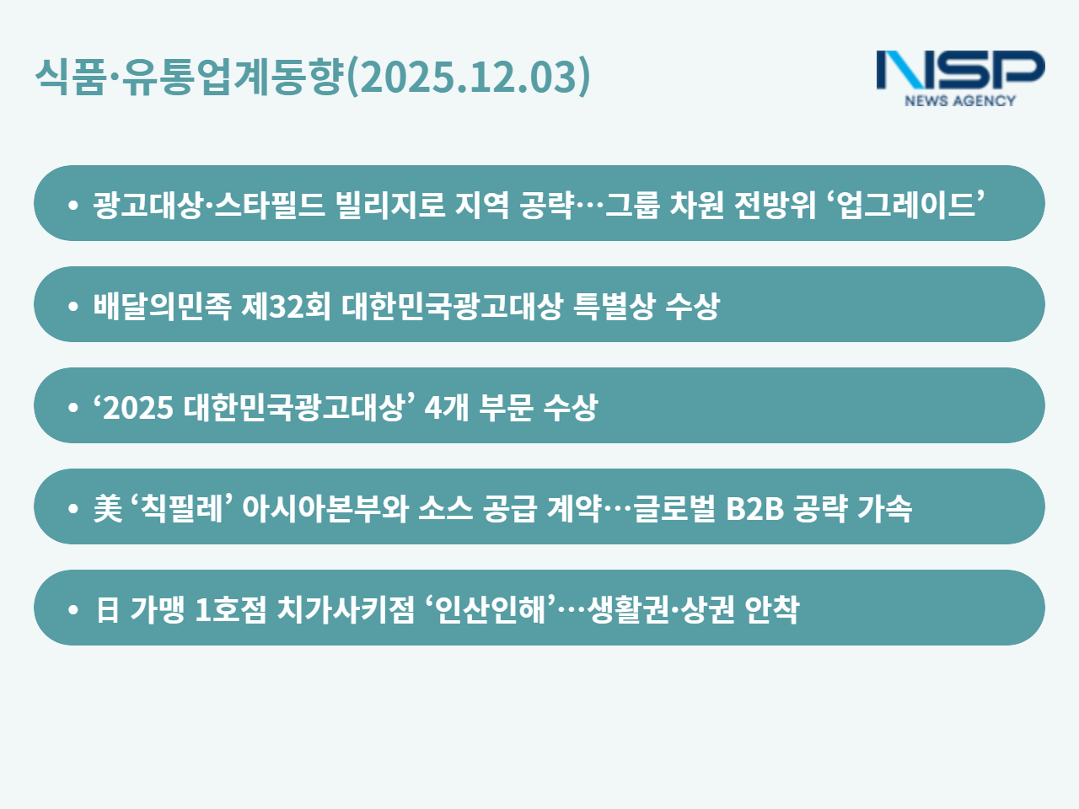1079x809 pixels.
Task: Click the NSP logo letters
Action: pyautogui.click(x=960, y=70)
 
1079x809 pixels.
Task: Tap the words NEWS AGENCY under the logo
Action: pyautogui.click(x=960, y=100)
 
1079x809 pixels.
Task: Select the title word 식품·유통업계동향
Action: pyautogui.click(x=189, y=76)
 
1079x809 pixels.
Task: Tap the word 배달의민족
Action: pyautogui.click(x=162, y=306)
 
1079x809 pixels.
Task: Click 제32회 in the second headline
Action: pyautogui.click(x=286, y=306)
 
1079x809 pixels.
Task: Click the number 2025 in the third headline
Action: pyautogui.click(x=138, y=408)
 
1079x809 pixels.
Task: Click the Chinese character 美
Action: pyautogui.click(x=108, y=508)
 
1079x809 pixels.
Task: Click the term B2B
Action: pyautogui.click(x=754, y=508)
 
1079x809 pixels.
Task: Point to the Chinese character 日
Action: pyautogui.click(x=108, y=609)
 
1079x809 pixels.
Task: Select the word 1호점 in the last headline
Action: pyautogui.click(x=230, y=609)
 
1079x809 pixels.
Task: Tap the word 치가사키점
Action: pyautogui.click(x=346, y=609)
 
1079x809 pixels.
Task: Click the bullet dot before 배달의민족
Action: pyautogui.click(x=73, y=306)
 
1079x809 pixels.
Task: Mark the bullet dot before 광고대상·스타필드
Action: pyautogui.click(x=73, y=205)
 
